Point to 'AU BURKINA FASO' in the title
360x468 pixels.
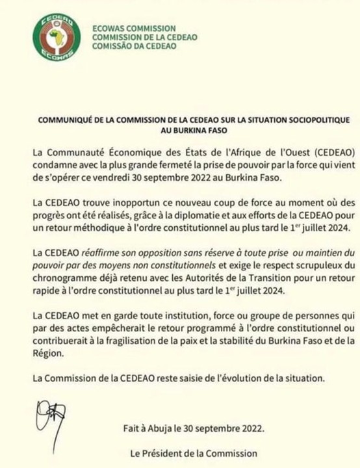(180, 131)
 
